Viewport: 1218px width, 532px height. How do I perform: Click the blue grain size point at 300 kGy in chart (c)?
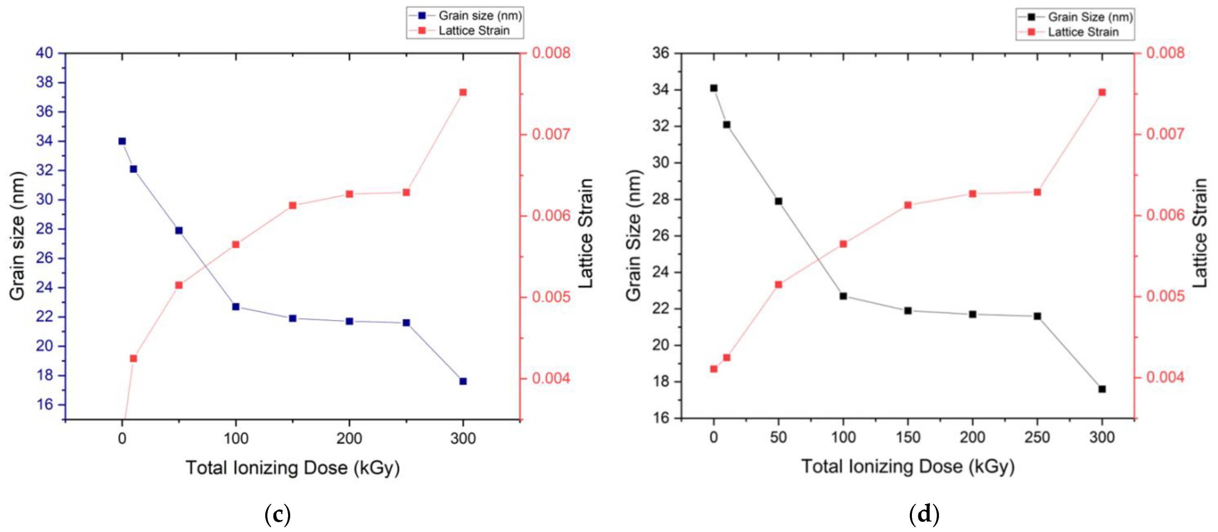coord(463,381)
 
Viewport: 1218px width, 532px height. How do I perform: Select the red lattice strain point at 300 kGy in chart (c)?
coord(463,92)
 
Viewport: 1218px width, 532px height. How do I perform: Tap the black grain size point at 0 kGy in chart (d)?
coord(714,88)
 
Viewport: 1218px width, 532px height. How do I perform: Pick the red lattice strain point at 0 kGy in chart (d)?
coord(714,369)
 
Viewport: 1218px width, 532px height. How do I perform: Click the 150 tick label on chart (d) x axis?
coord(908,437)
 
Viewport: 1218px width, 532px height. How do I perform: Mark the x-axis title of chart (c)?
coord(293,468)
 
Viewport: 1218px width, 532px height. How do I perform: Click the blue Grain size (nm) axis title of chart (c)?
coord(17,236)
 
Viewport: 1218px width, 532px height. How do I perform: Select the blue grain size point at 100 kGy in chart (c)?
coord(236,306)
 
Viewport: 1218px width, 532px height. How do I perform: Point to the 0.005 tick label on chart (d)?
coord(1165,296)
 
